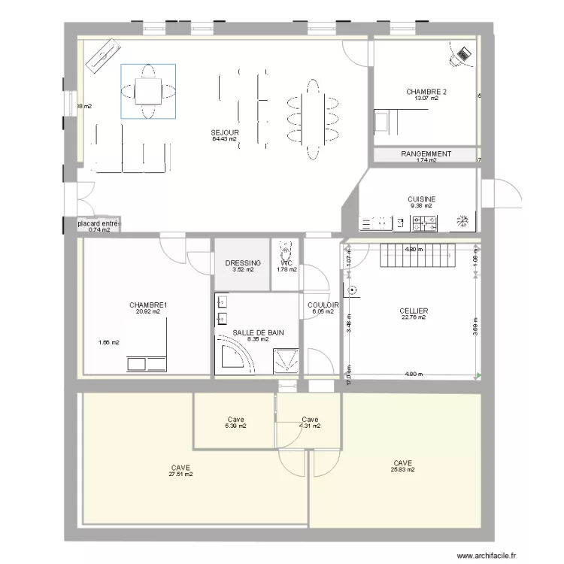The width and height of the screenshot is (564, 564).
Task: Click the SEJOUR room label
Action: coord(224,132)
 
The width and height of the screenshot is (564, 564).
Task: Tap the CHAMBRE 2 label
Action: coord(426,92)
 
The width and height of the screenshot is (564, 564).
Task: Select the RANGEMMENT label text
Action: coord(426,153)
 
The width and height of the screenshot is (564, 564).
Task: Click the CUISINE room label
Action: coord(421,199)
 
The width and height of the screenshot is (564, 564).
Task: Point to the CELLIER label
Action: coord(414,311)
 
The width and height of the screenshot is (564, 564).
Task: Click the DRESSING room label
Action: coord(243,263)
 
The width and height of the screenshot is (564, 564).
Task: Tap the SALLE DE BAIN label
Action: coord(258,332)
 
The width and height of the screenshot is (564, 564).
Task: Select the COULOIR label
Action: coord(323,305)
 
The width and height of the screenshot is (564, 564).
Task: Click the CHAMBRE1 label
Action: coord(148,305)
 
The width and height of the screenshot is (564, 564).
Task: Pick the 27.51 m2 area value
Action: coord(180,475)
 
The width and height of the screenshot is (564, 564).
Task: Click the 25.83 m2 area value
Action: coord(402,470)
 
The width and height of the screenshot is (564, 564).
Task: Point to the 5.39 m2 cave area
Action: coord(235,426)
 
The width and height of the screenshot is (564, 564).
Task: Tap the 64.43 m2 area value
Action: coord(224,139)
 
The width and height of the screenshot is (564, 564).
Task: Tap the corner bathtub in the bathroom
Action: coord(233,358)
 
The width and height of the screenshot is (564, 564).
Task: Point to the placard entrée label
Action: coord(98,223)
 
